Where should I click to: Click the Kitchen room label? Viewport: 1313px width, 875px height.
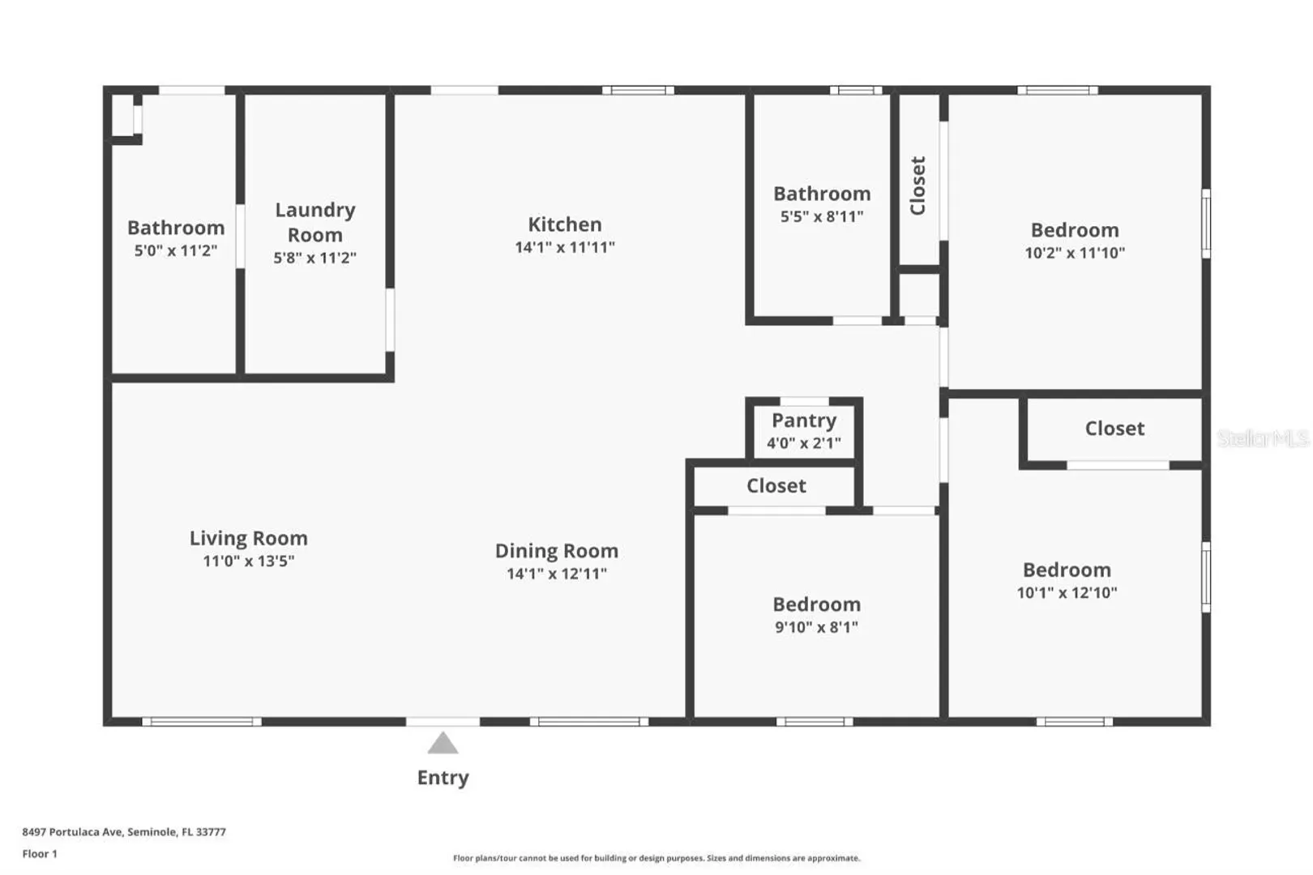pos(564,224)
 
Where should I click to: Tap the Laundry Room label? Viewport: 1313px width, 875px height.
pos(315,222)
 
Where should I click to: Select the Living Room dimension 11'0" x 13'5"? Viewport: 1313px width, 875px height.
pos(249,561)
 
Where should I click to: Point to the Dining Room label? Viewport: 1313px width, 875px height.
pos(556,551)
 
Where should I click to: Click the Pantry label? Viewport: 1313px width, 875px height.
pos(804,420)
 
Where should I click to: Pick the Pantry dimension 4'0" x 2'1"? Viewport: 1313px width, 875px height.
pos(804,443)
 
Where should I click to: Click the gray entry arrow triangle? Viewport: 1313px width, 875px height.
pos(443,743)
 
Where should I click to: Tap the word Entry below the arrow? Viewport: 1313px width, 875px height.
pos(443,778)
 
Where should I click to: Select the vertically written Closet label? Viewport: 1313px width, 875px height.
pos(917,186)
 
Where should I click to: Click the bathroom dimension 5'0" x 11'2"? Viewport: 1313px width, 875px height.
pos(176,251)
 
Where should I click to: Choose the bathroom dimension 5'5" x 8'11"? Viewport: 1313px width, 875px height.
pos(822,217)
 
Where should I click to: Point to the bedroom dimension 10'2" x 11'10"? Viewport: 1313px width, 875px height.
pos(1075,253)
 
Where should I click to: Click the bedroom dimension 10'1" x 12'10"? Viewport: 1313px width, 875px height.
pos(1067,593)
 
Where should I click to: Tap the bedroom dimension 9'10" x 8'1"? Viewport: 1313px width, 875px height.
pos(816,628)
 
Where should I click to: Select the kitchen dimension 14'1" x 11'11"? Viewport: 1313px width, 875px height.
pos(564,247)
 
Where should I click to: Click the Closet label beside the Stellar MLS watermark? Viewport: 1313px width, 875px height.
pos(1114,429)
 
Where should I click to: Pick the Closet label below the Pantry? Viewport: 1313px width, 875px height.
pos(776,486)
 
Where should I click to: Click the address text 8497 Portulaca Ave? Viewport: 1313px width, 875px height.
pos(72,831)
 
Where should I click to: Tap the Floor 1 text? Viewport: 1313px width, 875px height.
pos(40,854)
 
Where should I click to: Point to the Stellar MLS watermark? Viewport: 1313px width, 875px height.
pos(1264,438)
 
